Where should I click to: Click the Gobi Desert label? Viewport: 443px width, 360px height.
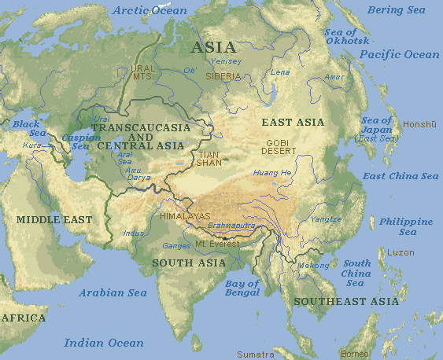point(282,146)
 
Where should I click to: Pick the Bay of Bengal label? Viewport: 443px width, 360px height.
point(242,288)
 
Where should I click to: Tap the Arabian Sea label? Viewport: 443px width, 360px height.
point(113,292)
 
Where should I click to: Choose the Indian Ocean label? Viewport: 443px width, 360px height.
point(104,343)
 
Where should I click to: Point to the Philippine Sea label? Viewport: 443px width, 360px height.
point(406,227)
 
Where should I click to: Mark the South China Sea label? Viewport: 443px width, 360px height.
point(356,273)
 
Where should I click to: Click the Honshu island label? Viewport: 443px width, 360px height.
point(419,124)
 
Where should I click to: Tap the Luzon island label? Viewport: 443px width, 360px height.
point(401,252)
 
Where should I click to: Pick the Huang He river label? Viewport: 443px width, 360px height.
point(271,172)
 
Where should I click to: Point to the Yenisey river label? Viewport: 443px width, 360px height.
point(226,61)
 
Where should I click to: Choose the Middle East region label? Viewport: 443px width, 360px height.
point(54,220)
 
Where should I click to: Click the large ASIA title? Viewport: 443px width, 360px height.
point(213,46)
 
